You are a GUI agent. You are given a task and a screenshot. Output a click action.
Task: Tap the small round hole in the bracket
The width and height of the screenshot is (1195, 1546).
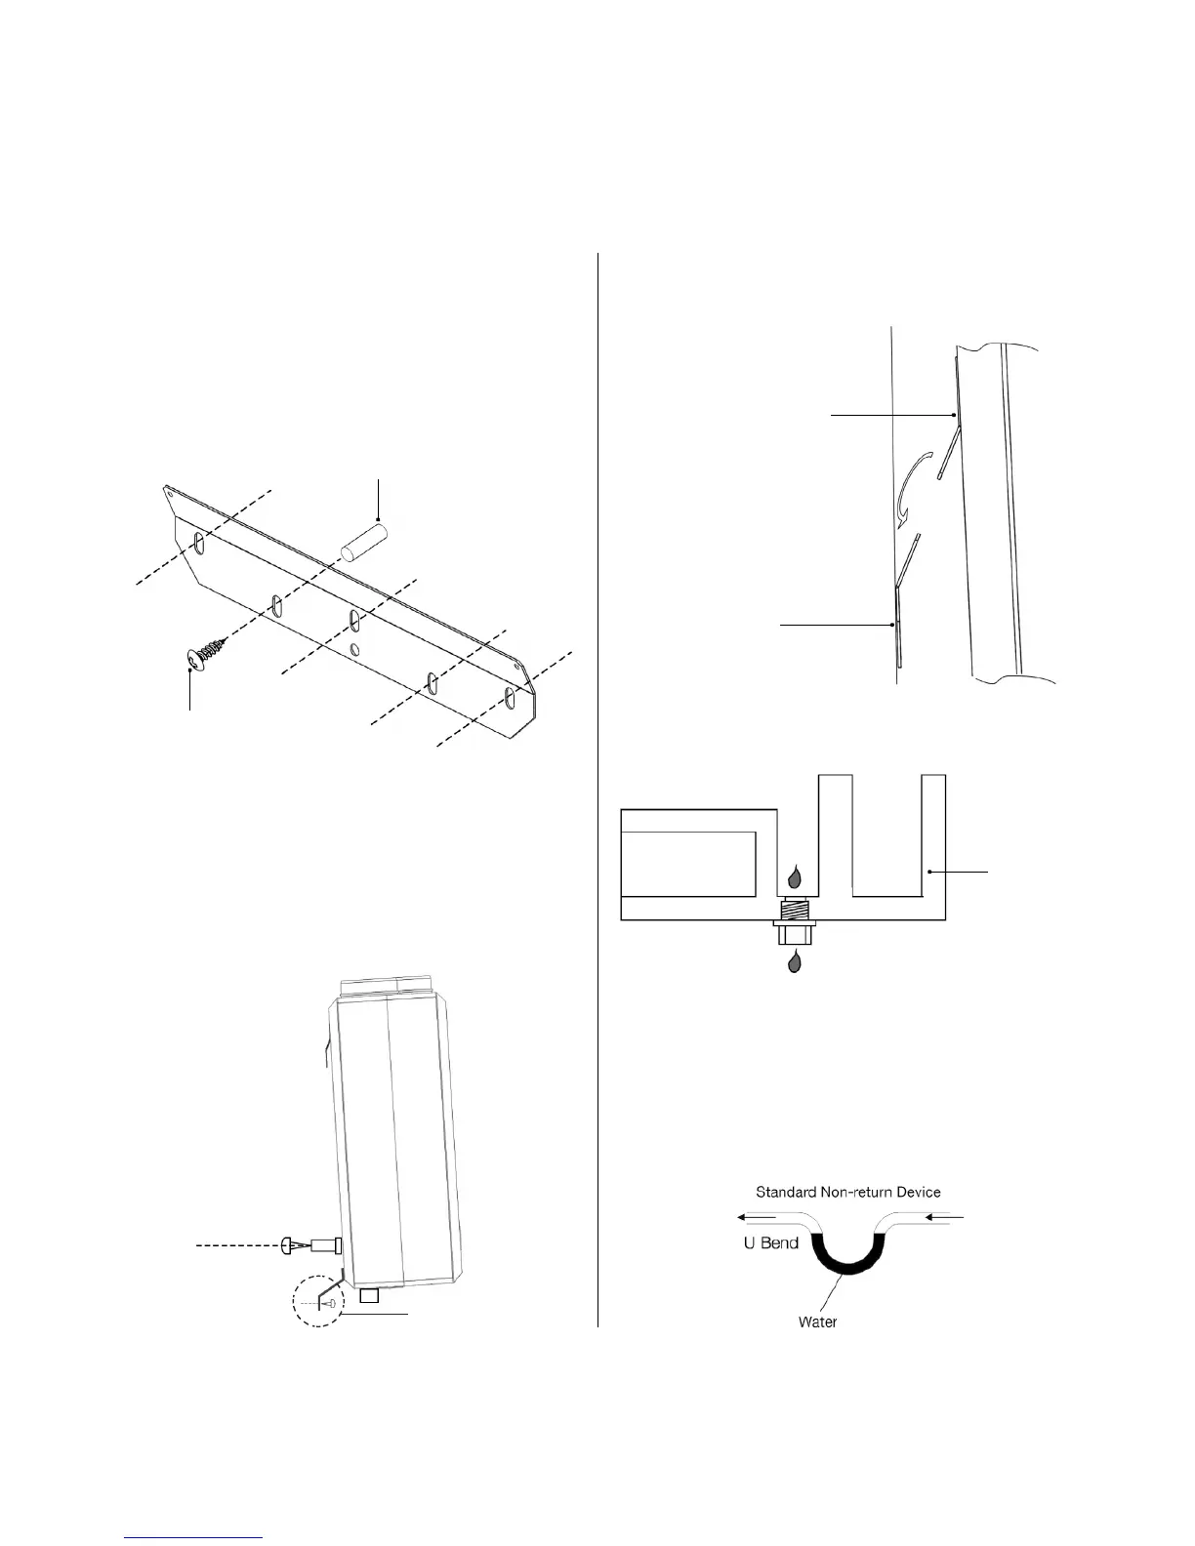355,650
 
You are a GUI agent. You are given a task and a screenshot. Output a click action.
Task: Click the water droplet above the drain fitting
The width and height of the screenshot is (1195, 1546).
796,875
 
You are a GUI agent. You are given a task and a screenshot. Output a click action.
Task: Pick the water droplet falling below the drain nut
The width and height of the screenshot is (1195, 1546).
796,962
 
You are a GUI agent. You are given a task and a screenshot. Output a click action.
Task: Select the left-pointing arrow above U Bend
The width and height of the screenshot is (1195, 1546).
758,1218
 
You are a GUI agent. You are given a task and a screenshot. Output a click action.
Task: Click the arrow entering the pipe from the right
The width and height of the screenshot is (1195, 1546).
945,1218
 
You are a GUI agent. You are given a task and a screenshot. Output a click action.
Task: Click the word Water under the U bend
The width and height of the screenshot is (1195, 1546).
817,1322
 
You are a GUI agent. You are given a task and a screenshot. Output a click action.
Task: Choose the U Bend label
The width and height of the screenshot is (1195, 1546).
771,1244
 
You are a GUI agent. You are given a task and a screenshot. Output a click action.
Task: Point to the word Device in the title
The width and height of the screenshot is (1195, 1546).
919,1192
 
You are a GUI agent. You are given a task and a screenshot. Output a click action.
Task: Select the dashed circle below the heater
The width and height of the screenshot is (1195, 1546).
319,1304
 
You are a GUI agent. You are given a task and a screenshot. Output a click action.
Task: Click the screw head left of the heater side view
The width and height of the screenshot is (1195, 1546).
288,1245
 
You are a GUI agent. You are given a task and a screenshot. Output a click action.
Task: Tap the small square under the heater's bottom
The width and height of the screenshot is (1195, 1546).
369,1295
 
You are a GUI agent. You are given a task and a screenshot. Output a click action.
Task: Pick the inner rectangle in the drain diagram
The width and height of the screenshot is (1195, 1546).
688,864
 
